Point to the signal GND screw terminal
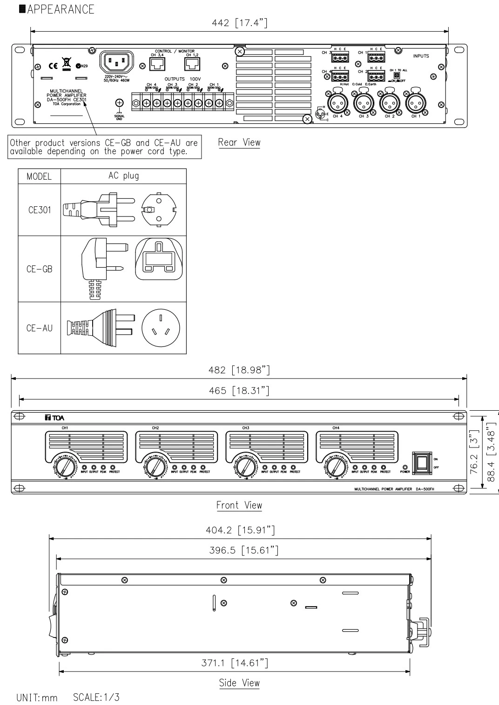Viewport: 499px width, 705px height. coord(119,103)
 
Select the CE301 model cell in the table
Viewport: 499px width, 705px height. coord(40,210)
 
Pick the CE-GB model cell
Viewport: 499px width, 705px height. coord(40,269)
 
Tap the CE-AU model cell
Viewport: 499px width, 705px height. coord(40,328)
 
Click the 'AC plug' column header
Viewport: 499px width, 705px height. coord(123,176)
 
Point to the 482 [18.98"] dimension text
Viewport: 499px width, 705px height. coord(239,370)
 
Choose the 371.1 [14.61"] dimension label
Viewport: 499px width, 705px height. coord(235,663)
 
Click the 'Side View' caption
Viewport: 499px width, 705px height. coord(239,683)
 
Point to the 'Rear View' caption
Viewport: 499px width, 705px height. coord(239,142)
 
